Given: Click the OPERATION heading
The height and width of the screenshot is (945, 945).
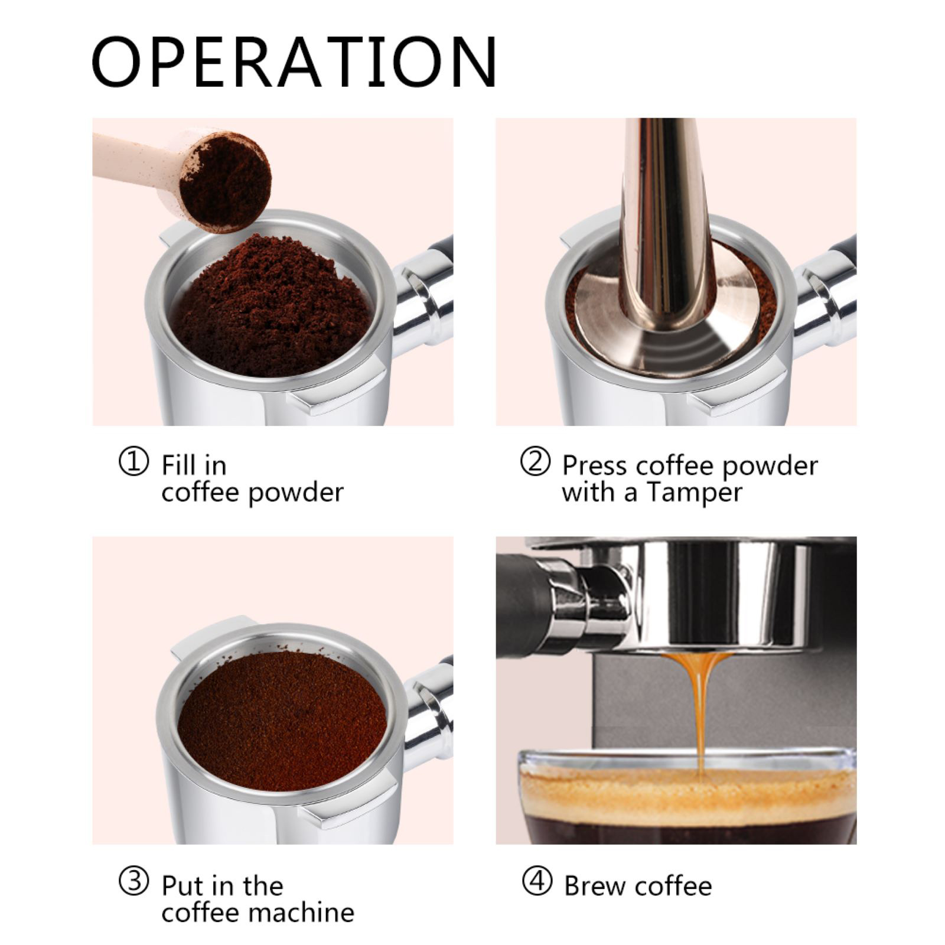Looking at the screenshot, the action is [294, 62].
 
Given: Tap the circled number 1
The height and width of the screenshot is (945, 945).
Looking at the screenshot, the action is [134, 461].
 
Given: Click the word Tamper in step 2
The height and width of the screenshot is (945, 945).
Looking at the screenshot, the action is [694, 493].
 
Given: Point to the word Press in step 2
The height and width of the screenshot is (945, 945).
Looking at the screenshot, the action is [594, 465].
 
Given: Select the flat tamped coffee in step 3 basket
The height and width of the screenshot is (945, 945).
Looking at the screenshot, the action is [282, 721].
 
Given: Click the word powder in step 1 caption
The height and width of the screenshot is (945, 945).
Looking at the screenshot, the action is [296, 493].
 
